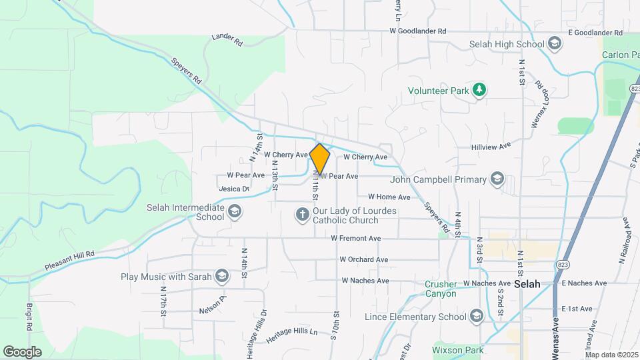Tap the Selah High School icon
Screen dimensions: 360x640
click(554, 45)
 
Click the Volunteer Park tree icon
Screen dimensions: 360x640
click(479, 89)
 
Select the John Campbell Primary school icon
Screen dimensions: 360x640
click(497, 179)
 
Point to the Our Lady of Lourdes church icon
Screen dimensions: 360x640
click(302, 215)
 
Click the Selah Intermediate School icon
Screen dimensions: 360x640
click(234, 212)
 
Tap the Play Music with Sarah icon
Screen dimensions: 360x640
click(221, 276)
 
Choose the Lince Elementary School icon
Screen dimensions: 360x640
click(476, 316)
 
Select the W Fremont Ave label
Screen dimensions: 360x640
click(356, 238)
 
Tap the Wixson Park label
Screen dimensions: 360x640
click(457, 349)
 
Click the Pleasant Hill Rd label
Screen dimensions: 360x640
click(70, 260)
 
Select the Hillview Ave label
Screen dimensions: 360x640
click(491, 145)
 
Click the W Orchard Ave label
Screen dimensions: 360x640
click(363, 259)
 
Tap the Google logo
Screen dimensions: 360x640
click(22, 351)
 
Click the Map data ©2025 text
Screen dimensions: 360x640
click(611, 355)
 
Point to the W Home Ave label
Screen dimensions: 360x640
click(389, 197)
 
